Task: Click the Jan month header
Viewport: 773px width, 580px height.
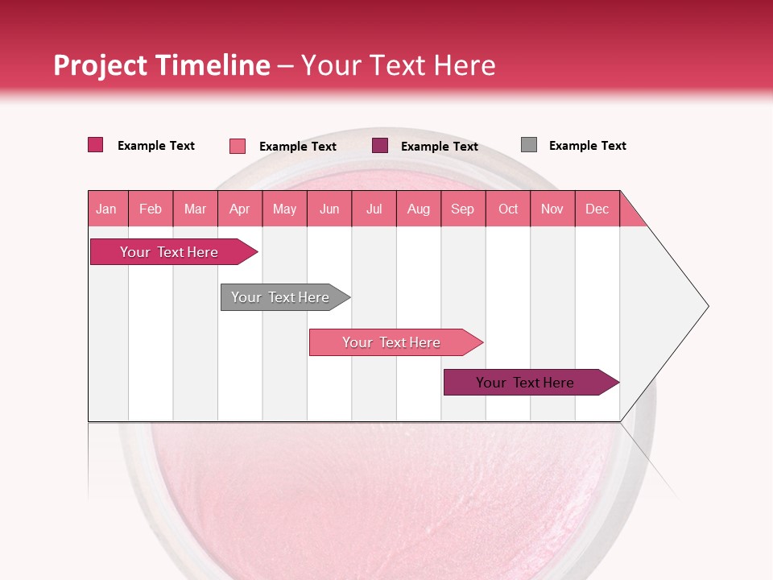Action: click(106, 209)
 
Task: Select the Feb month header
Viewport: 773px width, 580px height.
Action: click(151, 209)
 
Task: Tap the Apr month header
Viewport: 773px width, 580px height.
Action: click(239, 209)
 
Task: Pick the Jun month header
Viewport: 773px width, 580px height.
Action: click(329, 209)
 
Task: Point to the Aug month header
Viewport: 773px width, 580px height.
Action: click(418, 209)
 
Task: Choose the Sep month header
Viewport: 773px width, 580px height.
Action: click(462, 209)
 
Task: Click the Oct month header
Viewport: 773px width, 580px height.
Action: click(508, 209)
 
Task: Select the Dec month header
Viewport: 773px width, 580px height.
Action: click(597, 209)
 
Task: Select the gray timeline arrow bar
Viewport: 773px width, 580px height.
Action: click(282, 297)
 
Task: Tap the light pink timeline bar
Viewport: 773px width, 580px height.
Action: click(393, 342)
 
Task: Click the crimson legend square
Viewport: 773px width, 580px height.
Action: click(96, 145)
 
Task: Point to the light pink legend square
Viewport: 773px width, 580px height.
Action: click(238, 146)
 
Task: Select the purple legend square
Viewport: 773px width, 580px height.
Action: click(380, 146)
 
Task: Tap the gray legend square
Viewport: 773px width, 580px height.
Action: click(529, 145)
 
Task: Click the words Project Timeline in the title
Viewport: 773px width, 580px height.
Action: click(162, 65)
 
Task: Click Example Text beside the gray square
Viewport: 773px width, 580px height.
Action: click(587, 146)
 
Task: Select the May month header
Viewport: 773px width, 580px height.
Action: click(284, 209)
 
